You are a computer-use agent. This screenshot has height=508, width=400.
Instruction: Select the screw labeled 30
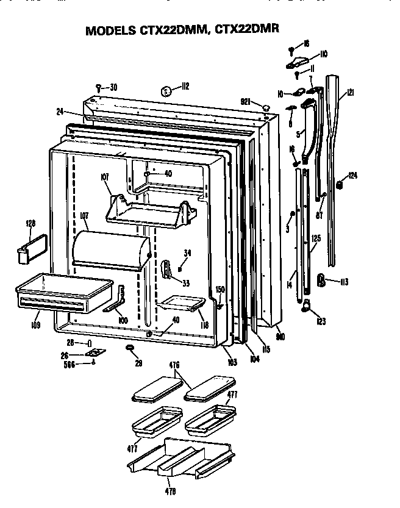[x=98, y=87]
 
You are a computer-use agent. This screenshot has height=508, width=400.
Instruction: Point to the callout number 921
[x=247, y=102]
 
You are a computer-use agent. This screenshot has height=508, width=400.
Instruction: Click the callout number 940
[x=280, y=336]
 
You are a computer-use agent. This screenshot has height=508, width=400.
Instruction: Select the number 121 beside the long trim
[x=350, y=92]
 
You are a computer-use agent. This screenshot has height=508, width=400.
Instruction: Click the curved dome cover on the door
[x=110, y=250]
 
